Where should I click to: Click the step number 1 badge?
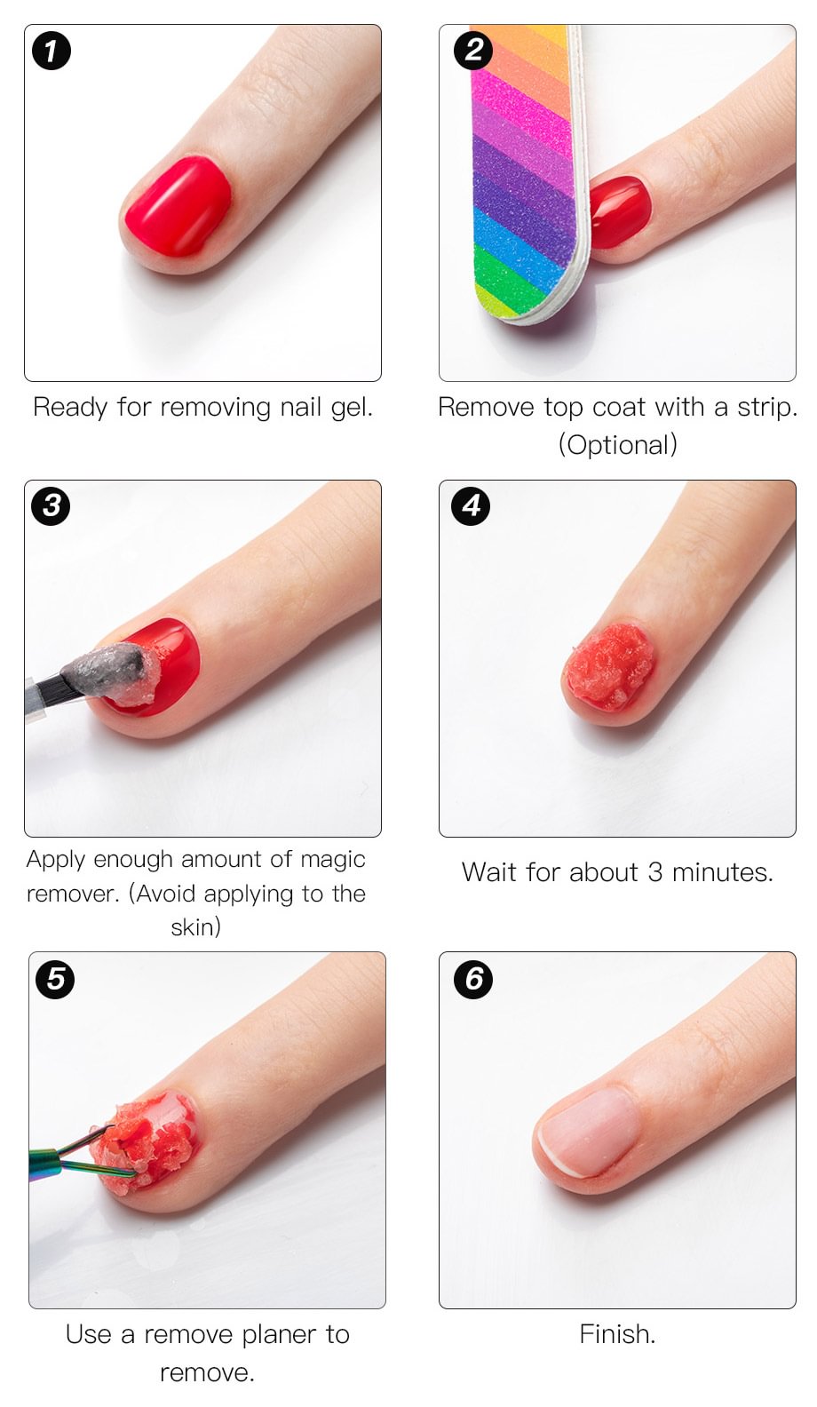[x=51, y=51]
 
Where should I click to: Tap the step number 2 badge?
[x=473, y=50]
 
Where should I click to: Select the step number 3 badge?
[x=52, y=505]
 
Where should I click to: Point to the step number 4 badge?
[x=472, y=505]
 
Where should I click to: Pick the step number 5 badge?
[x=55, y=979]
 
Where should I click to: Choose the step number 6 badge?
[x=474, y=978]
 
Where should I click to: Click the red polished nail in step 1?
[x=178, y=206]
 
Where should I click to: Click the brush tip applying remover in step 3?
[x=113, y=672]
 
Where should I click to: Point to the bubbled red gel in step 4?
[x=609, y=667]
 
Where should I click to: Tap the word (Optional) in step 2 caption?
[x=618, y=445]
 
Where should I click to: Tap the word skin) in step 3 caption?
[x=196, y=927]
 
